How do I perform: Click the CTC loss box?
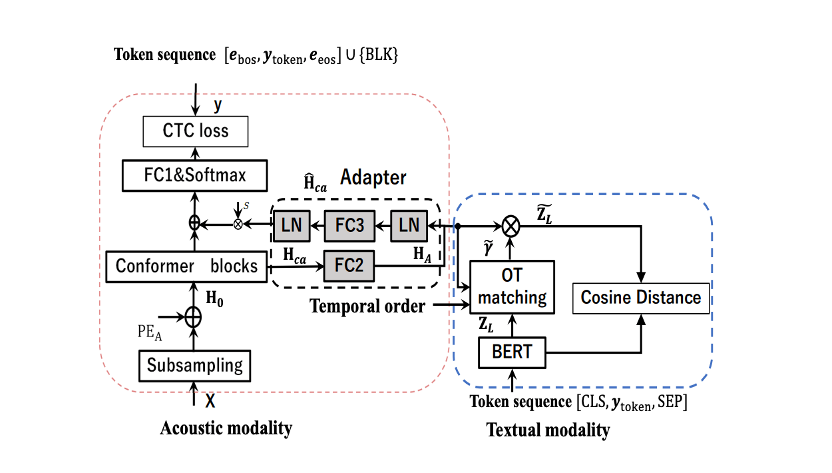click(x=196, y=131)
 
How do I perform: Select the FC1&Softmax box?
click(x=196, y=175)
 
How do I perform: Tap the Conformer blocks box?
click(x=186, y=266)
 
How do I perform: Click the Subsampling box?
click(x=195, y=365)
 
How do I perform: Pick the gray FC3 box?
click(x=349, y=225)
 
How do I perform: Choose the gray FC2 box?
click(x=349, y=266)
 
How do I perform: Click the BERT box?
click(x=512, y=352)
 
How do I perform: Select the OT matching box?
click(x=512, y=287)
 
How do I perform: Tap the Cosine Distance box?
click(x=641, y=297)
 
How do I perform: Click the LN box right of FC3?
click(x=409, y=225)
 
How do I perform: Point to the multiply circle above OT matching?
click(x=511, y=227)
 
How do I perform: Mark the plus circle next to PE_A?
click(x=193, y=316)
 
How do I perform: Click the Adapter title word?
click(x=373, y=178)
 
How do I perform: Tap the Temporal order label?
click(x=367, y=306)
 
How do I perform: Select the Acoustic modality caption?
click(x=226, y=428)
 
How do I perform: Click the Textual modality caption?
click(x=548, y=430)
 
